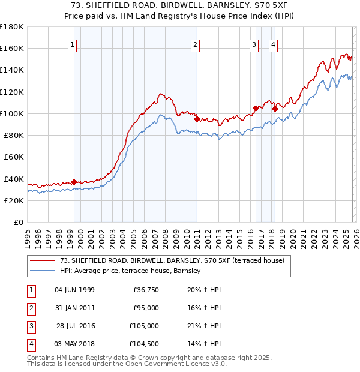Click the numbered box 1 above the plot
(x=72, y=44)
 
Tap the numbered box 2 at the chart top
(x=196, y=44)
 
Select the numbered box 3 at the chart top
(x=254, y=44)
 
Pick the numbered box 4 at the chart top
(x=273, y=44)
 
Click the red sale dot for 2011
(x=197, y=119)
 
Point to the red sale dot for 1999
(x=74, y=182)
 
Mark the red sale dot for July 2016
(x=256, y=108)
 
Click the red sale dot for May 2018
(x=275, y=109)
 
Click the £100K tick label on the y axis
(x=11, y=113)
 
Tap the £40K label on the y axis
(x=13, y=179)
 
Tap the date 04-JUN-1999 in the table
(x=74, y=290)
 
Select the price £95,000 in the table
(x=146, y=308)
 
